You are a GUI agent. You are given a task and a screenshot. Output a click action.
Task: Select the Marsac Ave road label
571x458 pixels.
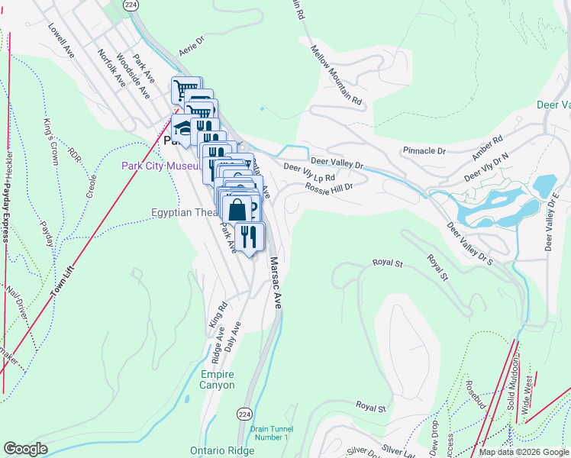tap(276, 283)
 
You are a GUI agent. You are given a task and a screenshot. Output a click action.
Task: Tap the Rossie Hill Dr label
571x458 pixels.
tap(329, 187)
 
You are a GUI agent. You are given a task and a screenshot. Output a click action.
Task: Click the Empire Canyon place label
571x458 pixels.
tap(218, 379)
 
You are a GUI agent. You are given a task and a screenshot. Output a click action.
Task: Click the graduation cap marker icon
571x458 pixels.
tap(182, 126)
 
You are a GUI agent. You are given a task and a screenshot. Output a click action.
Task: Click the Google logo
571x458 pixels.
tap(25, 449)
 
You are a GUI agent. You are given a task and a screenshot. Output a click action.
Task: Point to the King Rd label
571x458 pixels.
tap(216, 317)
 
